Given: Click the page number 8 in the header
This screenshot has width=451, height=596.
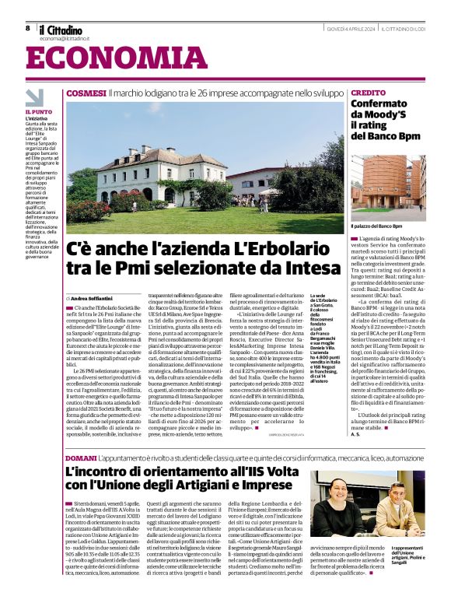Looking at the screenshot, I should point(27,28).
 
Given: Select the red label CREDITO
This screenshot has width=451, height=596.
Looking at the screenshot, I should point(368,93).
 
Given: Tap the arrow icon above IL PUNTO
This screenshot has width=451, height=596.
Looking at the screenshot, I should point(34,97).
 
